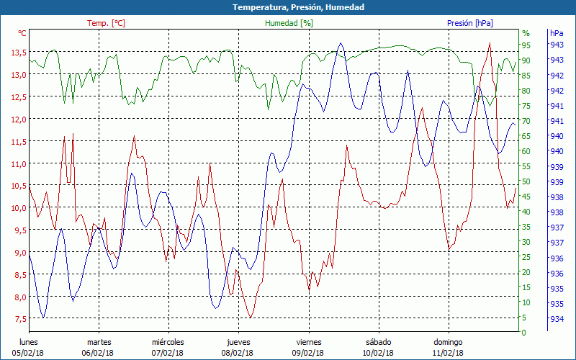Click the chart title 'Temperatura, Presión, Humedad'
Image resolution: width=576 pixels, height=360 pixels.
click(x=288, y=7)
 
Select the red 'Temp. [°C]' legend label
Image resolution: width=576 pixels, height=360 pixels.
click(x=106, y=23)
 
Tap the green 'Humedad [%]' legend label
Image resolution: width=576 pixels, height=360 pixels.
click(x=289, y=23)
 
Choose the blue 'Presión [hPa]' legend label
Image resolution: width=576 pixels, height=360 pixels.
click(x=470, y=23)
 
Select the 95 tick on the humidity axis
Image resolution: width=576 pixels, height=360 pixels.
click(x=526, y=45)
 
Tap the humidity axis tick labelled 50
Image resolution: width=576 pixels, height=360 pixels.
click(x=526, y=181)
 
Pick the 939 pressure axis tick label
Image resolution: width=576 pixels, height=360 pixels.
click(x=557, y=166)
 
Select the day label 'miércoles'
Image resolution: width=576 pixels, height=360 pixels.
click(x=168, y=342)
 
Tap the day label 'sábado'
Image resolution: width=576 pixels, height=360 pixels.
click(x=378, y=342)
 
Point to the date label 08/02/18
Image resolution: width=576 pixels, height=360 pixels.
click(x=237, y=353)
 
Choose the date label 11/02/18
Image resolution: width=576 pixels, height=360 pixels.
click(x=447, y=353)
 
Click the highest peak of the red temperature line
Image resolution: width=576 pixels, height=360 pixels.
click(x=490, y=43)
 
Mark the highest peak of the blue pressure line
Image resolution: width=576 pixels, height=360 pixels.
click(x=341, y=43)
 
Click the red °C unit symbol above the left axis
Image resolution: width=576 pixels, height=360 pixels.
click(x=22, y=33)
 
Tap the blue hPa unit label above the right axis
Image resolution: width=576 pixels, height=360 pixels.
click(x=557, y=33)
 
